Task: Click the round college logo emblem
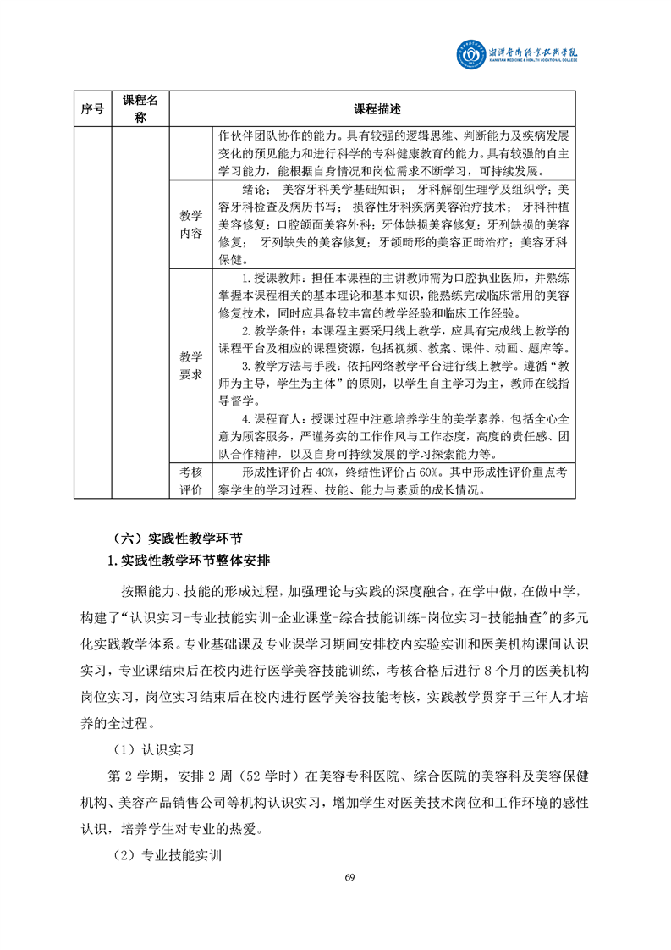470,55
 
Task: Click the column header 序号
92,109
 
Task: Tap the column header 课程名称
140,109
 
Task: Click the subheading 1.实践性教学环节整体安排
188,560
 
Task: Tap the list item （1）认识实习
155,749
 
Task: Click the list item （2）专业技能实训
168,855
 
